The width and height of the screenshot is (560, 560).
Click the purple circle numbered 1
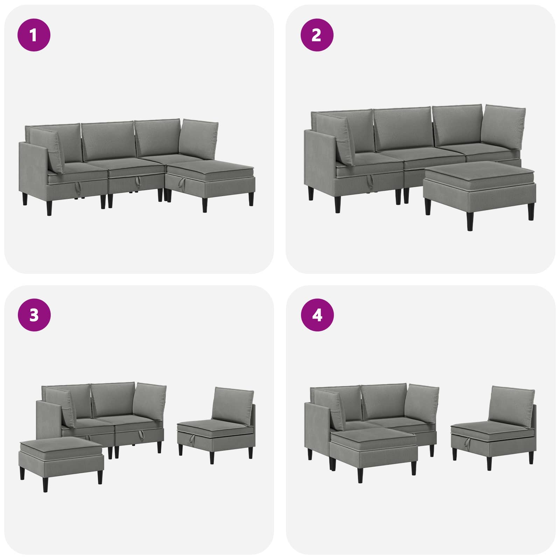click(34, 35)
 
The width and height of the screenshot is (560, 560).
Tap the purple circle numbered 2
click(317, 35)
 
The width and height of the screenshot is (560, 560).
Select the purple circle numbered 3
click(34, 315)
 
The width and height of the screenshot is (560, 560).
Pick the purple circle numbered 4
click(317, 315)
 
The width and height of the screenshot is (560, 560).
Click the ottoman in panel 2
click(479, 192)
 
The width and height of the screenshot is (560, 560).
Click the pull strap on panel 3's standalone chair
click(192, 438)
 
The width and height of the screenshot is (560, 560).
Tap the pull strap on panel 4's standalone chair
click(467, 442)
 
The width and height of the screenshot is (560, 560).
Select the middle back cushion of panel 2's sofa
click(402, 129)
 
